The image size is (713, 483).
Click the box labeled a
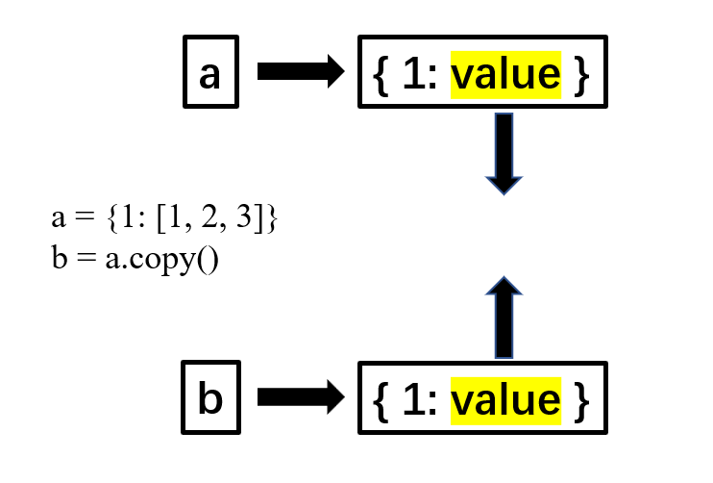209,72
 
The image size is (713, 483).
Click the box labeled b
209,398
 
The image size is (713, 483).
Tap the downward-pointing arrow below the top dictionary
503,154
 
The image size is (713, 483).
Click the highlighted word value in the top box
505,74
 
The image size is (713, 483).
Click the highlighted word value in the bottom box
505,398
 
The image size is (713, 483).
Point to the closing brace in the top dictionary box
579,75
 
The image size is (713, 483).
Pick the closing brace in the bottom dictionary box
579,399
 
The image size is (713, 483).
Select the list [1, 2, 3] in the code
209,219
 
